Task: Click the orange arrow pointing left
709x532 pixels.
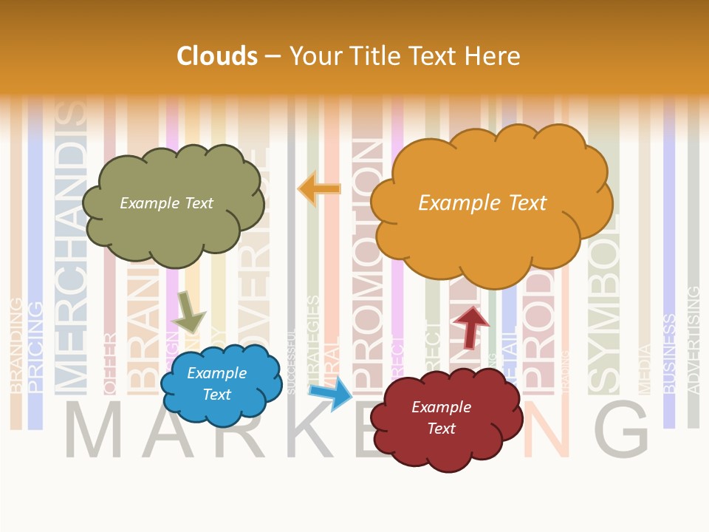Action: point(320,189)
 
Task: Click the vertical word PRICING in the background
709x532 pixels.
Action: point(35,347)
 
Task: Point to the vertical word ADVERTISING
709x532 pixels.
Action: point(693,340)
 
